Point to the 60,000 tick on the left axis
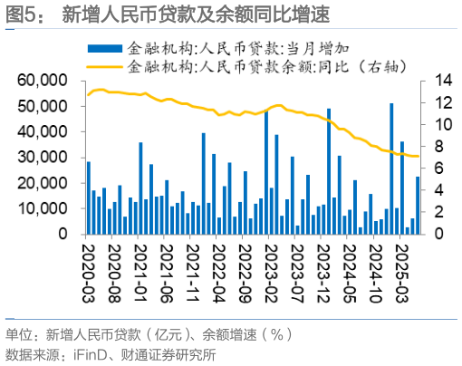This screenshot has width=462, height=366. (45, 82)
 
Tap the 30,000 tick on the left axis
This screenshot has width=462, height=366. (45, 158)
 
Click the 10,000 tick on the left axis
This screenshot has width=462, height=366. (45, 208)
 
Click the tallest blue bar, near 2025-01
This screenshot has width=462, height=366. (391, 169)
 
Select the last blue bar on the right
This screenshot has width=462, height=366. (418, 205)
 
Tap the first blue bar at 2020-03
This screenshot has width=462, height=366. (88, 197)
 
